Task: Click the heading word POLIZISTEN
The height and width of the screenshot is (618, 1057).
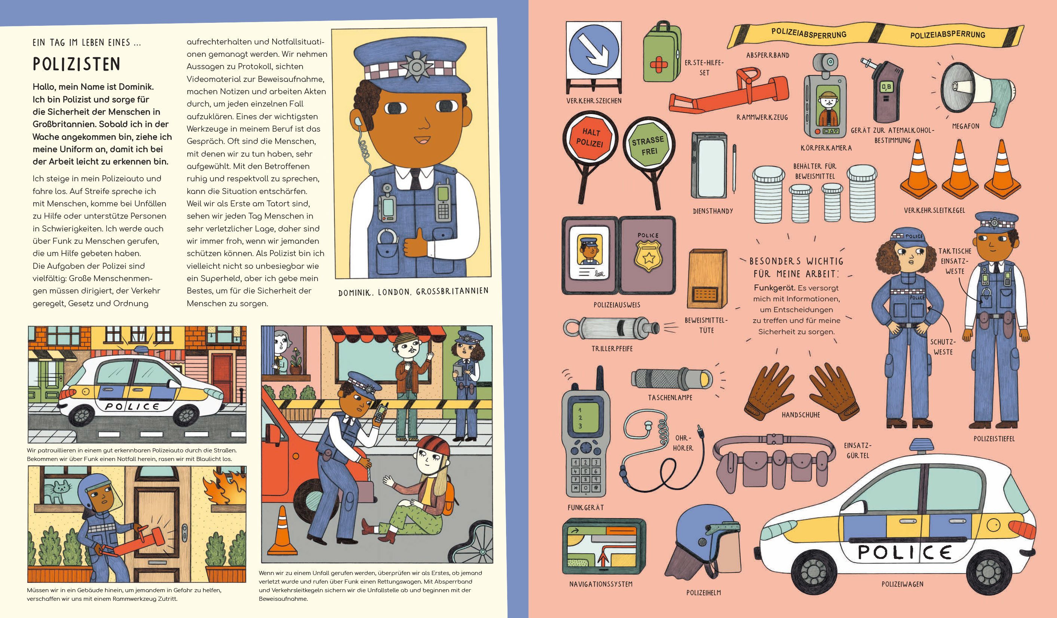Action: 76,64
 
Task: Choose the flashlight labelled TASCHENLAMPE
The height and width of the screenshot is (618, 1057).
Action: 671,378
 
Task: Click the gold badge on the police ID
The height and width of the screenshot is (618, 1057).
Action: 649,255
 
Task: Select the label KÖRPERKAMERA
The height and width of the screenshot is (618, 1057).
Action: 826,148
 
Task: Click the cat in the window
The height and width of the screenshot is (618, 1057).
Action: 56,491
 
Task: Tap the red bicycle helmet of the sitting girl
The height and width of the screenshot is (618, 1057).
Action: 432,446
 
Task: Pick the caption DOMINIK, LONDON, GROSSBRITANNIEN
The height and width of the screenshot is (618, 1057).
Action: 413,291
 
